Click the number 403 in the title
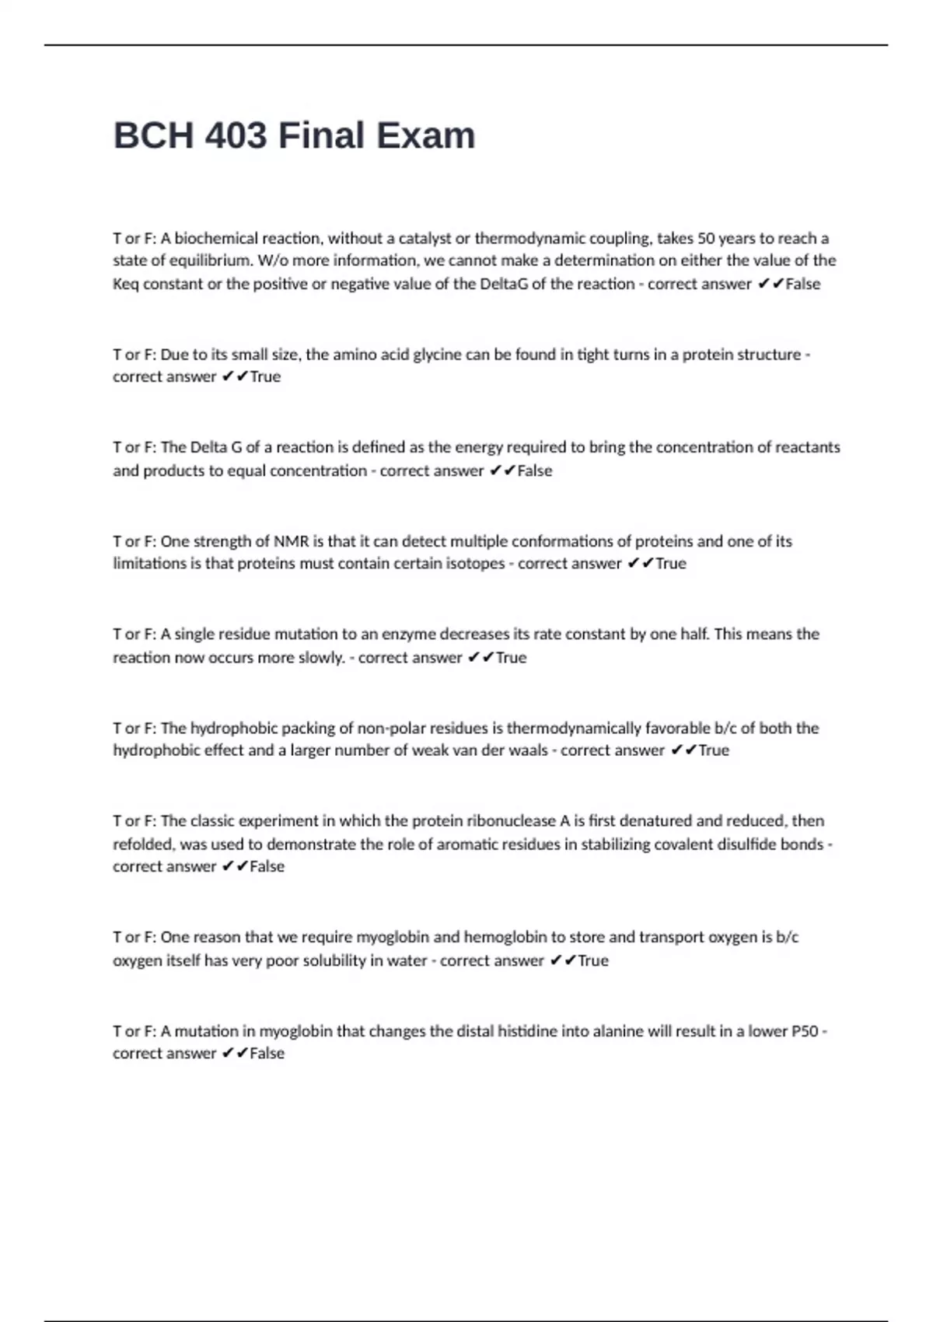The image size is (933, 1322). tap(235, 135)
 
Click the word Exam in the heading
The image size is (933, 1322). tap(426, 135)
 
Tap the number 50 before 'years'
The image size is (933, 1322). tap(705, 238)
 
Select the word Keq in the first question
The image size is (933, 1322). tap(125, 284)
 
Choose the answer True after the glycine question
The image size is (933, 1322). tap(265, 377)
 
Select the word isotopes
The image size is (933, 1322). tap(475, 564)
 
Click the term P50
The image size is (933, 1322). tap(805, 1031)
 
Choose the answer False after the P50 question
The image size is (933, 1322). tap(267, 1054)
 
